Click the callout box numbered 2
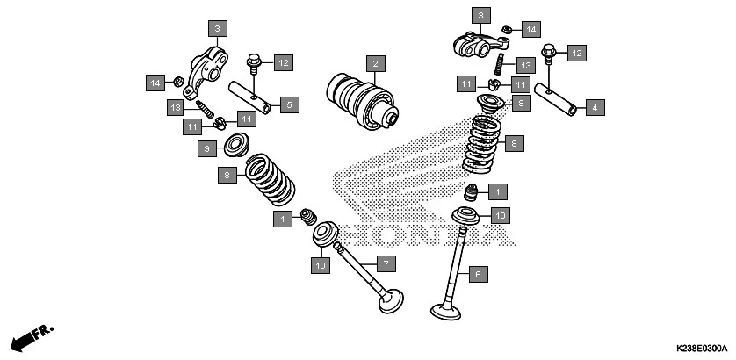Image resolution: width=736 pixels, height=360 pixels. [x=374, y=64]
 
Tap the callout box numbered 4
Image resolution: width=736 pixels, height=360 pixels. [x=595, y=108]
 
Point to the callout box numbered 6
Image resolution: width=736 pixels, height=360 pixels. [x=478, y=275]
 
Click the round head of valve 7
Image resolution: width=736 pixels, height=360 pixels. [x=389, y=301]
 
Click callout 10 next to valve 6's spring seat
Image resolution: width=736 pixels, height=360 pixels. [x=499, y=214]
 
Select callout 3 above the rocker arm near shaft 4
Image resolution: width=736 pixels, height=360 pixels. [x=480, y=15]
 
